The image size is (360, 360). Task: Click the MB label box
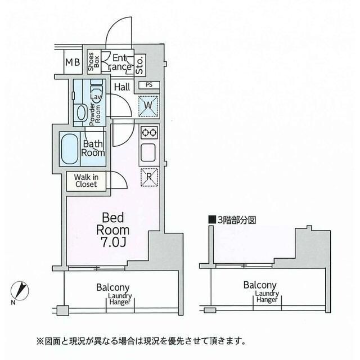pyautogui.click(x=71, y=62)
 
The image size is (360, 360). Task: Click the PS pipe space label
pyautogui.click(x=148, y=85)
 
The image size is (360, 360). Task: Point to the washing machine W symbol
pyautogui.click(x=148, y=105)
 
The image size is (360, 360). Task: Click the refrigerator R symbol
pyautogui.click(x=148, y=175)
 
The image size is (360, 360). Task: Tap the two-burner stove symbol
pyautogui.click(x=148, y=133)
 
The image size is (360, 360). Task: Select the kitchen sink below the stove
pyautogui.click(x=148, y=153)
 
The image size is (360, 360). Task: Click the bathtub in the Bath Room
pyautogui.click(x=71, y=147)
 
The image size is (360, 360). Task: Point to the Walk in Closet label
pyautogui.click(x=85, y=181)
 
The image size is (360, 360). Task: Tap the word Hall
pyautogui.click(x=122, y=87)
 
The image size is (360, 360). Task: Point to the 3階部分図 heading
pyautogui.click(x=232, y=220)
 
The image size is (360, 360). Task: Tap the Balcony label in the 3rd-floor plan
pyautogui.click(x=259, y=286)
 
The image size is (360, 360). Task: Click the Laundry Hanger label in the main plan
pyautogui.click(x=120, y=299)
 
